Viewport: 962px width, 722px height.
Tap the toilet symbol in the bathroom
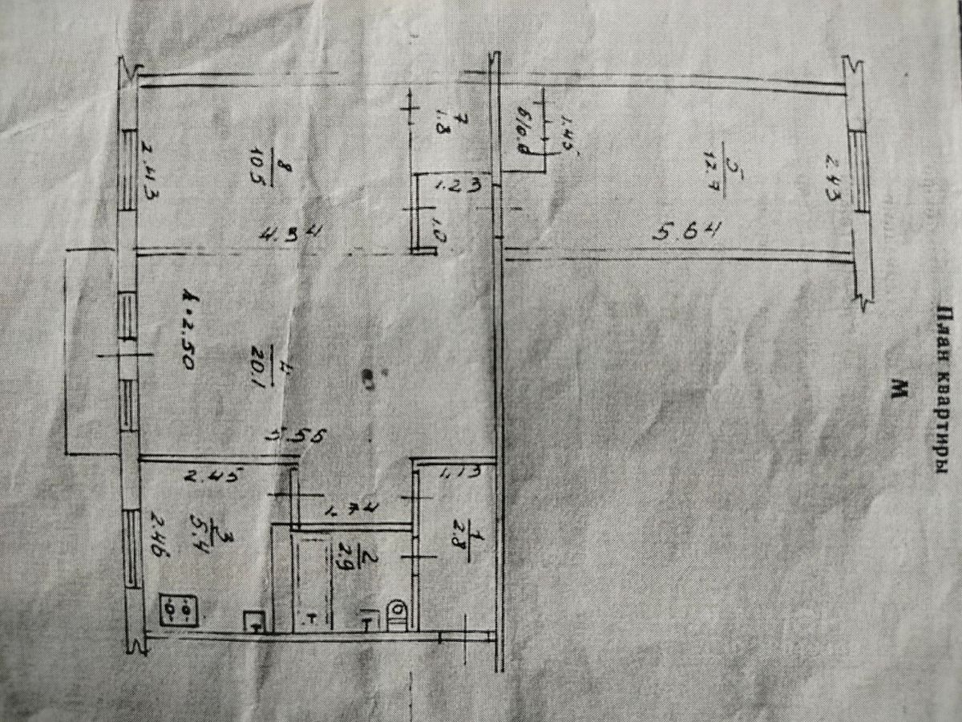[397, 614]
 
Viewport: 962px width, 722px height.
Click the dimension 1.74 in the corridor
[350, 508]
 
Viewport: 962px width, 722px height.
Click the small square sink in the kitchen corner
[255, 621]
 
